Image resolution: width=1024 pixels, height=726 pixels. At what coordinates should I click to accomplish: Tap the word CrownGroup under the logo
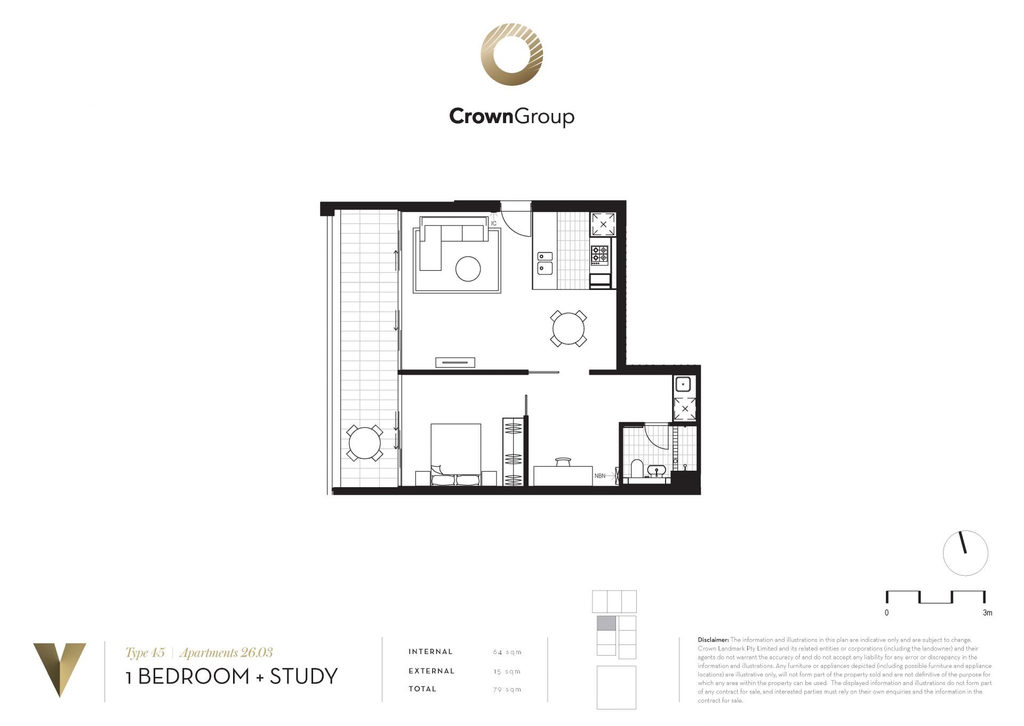click(x=511, y=116)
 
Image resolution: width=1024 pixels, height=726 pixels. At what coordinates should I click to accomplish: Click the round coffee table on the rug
click(x=468, y=269)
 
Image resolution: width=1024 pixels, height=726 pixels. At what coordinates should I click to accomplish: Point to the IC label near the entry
click(x=494, y=223)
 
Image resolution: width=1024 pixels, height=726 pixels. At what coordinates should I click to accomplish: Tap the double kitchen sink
click(x=545, y=263)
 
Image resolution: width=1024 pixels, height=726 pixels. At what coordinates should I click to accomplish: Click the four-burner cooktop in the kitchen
click(x=599, y=255)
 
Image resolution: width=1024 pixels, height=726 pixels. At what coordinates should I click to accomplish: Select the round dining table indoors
click(x=569, y=328)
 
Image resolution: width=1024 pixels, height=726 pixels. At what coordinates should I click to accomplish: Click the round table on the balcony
click(x=365, y=442)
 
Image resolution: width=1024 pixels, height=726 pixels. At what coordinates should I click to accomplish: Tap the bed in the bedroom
click(x=456, y=454)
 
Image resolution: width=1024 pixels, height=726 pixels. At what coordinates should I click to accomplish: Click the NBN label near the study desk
click(x=600, y=475)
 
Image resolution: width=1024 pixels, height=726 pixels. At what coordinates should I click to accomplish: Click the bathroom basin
click(x=656, y=470)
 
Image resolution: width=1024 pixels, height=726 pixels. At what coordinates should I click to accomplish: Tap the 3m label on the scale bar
click(x=987, y=613)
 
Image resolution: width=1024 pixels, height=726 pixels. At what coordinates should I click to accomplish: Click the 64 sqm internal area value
click(x=507, y=652)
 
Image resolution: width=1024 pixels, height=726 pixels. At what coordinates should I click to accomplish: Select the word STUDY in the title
click(x=304, y=676)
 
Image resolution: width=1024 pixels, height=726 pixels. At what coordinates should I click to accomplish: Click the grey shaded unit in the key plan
click(x=606, y=623)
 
